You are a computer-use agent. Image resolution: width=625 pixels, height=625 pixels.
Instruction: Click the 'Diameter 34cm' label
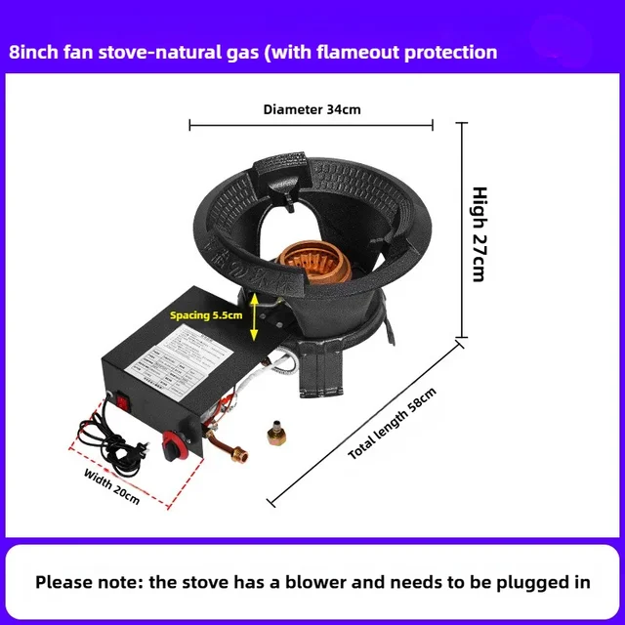(312, 109)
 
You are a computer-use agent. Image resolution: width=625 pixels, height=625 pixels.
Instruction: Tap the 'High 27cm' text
(479, 233)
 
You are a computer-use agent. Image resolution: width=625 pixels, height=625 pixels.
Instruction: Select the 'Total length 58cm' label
(392, 424)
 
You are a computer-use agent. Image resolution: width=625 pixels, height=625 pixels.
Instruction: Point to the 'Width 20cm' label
(113, 486)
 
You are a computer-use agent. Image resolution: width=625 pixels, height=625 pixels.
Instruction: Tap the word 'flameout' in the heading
(362, 52)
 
